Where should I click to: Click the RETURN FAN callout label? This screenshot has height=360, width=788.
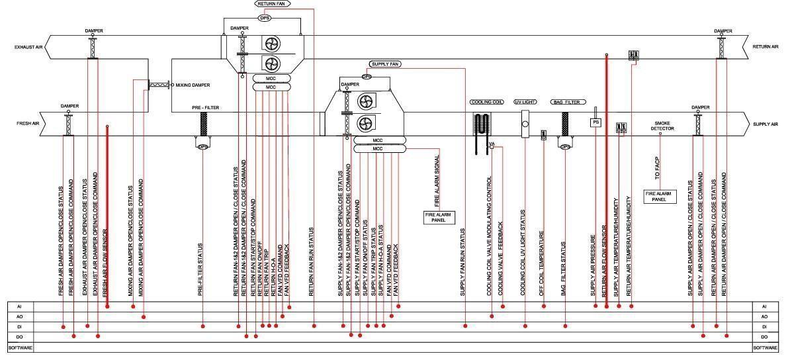click(271, 4)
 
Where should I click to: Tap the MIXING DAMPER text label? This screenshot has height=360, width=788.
click(193, 85)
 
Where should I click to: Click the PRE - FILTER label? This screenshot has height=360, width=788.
click(206, 107)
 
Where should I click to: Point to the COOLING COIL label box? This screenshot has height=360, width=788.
click(487, 103)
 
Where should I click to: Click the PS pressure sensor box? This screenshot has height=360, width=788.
click(595, 122)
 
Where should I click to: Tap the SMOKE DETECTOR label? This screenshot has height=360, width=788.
click(662, 126)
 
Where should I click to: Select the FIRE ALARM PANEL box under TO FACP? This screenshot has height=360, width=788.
click(661, 196)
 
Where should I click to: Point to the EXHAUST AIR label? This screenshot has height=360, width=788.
click(30, 48)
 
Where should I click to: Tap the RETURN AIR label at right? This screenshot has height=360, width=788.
click(766, 48)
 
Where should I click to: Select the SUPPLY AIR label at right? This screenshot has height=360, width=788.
click(766, 124)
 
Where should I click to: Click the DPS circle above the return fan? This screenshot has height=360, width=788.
click(265, 18)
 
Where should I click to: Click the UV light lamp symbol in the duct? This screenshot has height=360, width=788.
click(526, 124)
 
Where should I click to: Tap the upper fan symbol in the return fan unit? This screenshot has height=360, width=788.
click(273, 45)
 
